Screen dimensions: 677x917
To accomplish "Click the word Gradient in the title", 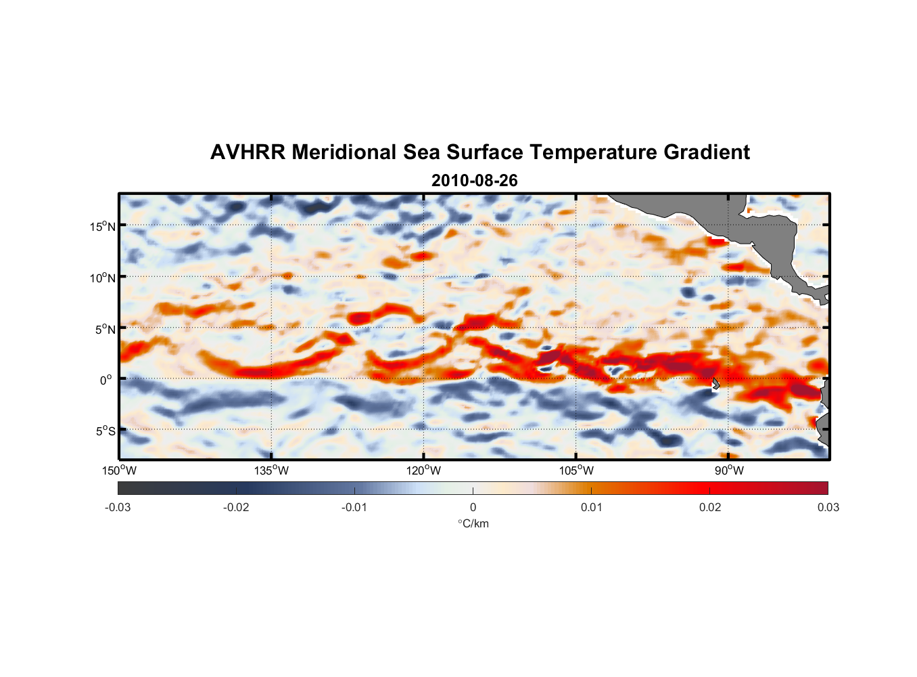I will [707, 152].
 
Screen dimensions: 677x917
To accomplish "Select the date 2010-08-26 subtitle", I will [474, 181].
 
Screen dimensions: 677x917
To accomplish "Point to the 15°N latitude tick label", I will [103, 226].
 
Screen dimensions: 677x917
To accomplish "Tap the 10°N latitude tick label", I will [103, 278].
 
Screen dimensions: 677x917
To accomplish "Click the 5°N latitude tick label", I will [105, 329].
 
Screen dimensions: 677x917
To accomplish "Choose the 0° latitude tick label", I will [106, 380].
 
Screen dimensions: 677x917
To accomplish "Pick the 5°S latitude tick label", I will [105, 431].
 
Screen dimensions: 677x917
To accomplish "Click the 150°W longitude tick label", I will [120, 471].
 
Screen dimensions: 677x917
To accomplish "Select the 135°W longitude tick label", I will [272, 471].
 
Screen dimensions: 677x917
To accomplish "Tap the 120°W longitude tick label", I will [424, 471].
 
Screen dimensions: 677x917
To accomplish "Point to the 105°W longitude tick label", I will [576, 471].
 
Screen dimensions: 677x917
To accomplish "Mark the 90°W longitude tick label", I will [729, 471].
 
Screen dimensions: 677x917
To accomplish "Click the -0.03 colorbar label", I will [118, 507].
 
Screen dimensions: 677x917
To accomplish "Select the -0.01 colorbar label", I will [354, 507].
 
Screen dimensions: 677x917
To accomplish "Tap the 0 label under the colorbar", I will [473, 507].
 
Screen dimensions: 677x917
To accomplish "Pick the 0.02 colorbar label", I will [710, 507].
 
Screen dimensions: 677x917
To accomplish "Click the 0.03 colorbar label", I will [828, 507].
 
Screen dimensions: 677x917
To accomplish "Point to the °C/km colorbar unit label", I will [473, 523].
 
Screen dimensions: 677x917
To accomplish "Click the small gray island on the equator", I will [715, 383].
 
